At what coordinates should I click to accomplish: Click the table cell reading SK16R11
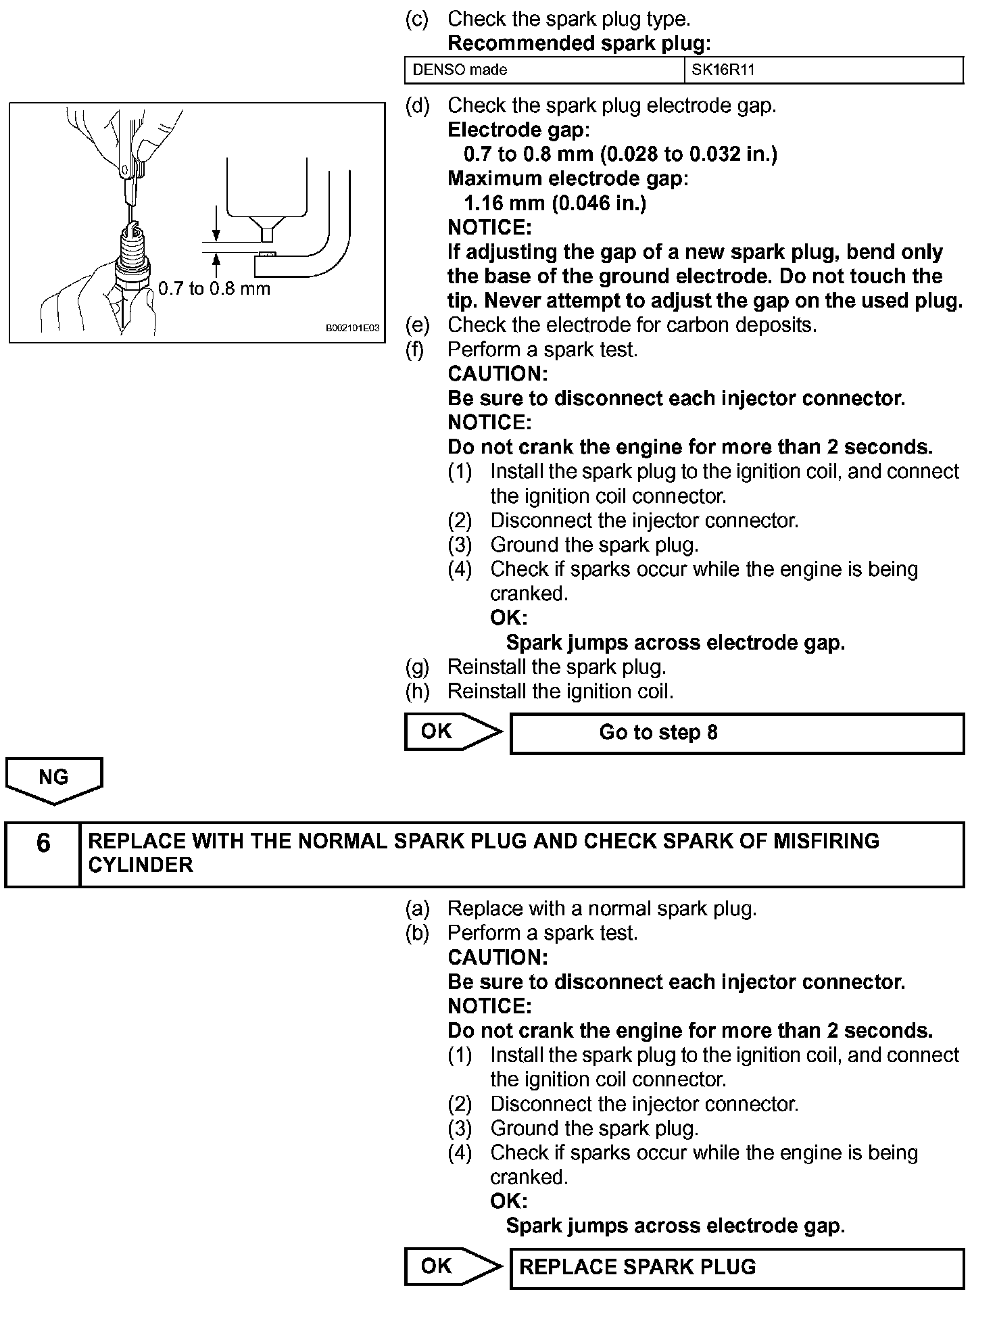(824, 70)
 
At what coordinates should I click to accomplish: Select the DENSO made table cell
(544, 70)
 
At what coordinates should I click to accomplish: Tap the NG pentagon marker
(53, 779)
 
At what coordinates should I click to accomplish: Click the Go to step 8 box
(736, 733)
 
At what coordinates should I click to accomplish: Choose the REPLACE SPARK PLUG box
(736, 1267)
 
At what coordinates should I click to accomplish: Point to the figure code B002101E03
(352, 329)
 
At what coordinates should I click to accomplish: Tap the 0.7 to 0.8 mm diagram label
(214, 289)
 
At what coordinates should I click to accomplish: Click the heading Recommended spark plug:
(579, 44)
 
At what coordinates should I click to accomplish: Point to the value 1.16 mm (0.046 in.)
(554, 203)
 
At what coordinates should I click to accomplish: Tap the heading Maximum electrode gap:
(568, 179)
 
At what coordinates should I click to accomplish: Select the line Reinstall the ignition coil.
(560, 692)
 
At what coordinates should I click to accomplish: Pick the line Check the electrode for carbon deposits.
(632, 325)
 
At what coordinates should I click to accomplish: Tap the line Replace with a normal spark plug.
(602, 909)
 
